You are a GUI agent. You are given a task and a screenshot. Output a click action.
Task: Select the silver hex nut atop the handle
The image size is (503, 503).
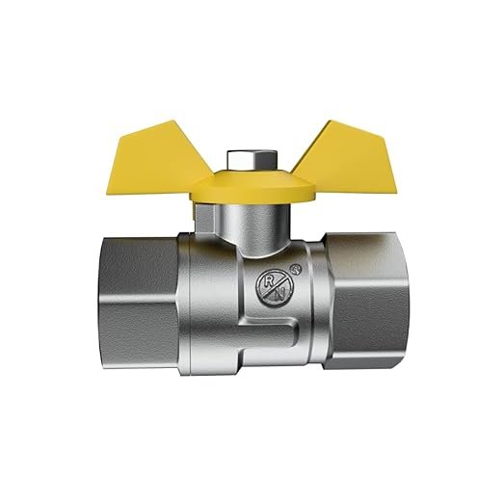(x=251, y=161)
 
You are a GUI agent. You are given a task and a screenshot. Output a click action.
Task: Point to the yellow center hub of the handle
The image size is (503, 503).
(x=251, y=189)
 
